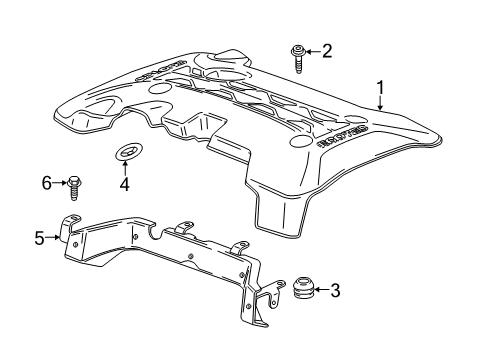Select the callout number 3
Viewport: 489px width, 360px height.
tap(334, 291)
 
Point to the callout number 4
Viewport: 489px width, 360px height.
tap(125, 184)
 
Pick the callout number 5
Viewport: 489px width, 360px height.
tap(40, 237)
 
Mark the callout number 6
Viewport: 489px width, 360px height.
tap(46, 182)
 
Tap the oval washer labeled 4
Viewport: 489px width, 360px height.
tap(127, 152)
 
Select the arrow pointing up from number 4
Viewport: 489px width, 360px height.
tap(126, 169)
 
